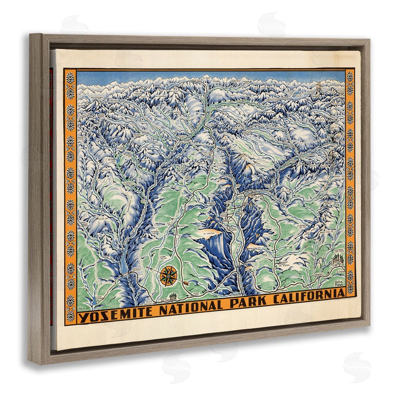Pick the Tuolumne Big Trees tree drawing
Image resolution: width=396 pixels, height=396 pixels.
pos(173,296)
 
